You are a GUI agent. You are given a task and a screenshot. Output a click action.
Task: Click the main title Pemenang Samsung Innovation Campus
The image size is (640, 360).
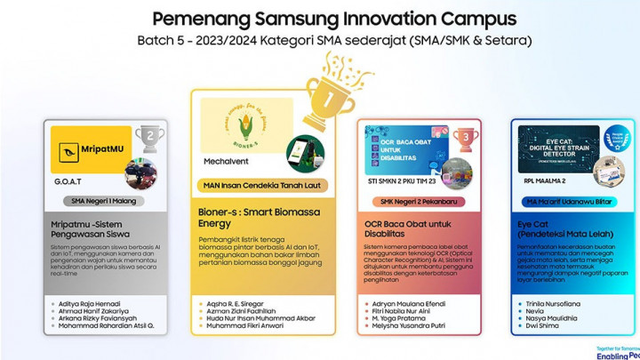tap(333, 19)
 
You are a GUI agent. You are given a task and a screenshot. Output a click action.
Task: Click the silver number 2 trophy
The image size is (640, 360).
tap(149, 138)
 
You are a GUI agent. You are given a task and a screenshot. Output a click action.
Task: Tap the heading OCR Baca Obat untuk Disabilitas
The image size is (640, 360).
tap(410, 230)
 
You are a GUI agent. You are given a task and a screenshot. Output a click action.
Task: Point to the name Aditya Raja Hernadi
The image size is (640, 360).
tap(91, 303)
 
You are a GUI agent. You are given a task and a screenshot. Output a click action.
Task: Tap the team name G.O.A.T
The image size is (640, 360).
tap(69, 180)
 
